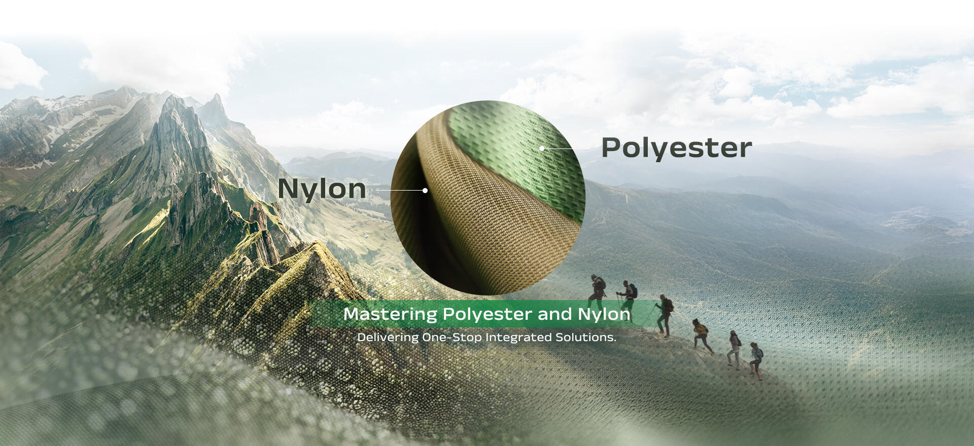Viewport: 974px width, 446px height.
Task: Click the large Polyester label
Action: click(x=676, y=148)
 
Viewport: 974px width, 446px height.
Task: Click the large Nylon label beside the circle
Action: click(x=322, y=189)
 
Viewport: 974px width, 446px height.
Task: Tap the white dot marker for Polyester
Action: click(x=542, y=148)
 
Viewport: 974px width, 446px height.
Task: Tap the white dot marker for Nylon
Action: click(x=425, y=191)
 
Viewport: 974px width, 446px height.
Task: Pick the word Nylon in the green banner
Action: click(x=604, y=314)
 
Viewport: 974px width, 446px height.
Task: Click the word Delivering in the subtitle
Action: click(x=388, y=338)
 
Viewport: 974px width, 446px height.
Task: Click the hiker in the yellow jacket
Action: click(x=702, y=336)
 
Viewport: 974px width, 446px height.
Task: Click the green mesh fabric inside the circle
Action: click(x=517, y=147)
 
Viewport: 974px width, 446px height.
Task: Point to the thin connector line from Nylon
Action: click(x=399, y=191)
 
